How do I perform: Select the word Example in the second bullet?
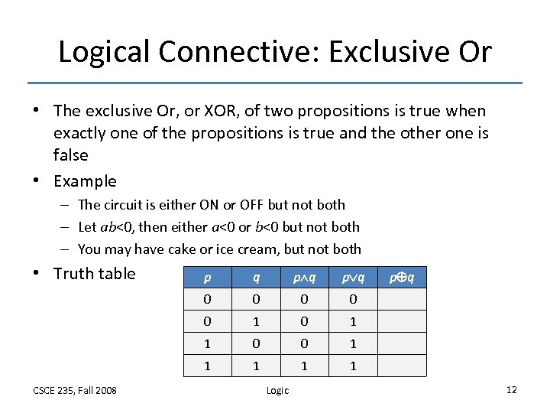[x=85, y=181]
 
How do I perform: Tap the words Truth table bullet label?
[x=94, y=274]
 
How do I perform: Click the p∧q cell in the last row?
[x=304, y=366]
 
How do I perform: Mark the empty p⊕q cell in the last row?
[x=402, y=366]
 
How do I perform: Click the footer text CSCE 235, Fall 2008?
[x=75, y=390]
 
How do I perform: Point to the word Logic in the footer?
[x=277, y=390]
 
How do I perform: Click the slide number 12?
[x=511, y=390]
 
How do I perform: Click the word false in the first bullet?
[x=71, y=154]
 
